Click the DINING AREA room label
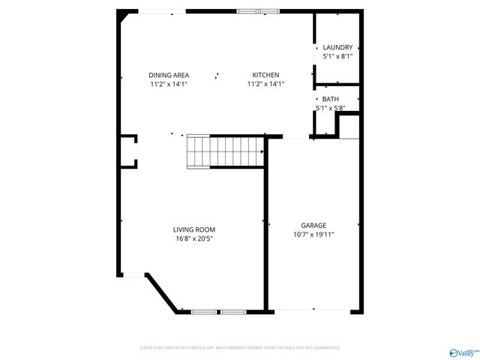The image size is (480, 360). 169,75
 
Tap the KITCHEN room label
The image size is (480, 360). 265,75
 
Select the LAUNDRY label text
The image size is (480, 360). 337,47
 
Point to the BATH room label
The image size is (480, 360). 330,99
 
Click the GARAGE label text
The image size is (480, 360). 313,225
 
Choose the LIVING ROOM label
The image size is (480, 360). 194,229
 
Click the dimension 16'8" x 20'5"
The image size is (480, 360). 194,238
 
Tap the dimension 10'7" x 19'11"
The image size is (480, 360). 313,234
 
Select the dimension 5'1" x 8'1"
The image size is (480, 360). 337,56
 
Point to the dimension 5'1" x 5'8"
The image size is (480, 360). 330,108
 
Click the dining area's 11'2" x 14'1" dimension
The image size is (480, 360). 169,84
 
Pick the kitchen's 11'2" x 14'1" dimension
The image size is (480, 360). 265,84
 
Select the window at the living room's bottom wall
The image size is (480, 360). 218,310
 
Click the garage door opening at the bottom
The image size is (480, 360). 313,310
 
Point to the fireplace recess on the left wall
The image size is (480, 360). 129,150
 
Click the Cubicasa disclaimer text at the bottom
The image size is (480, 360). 240,348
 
